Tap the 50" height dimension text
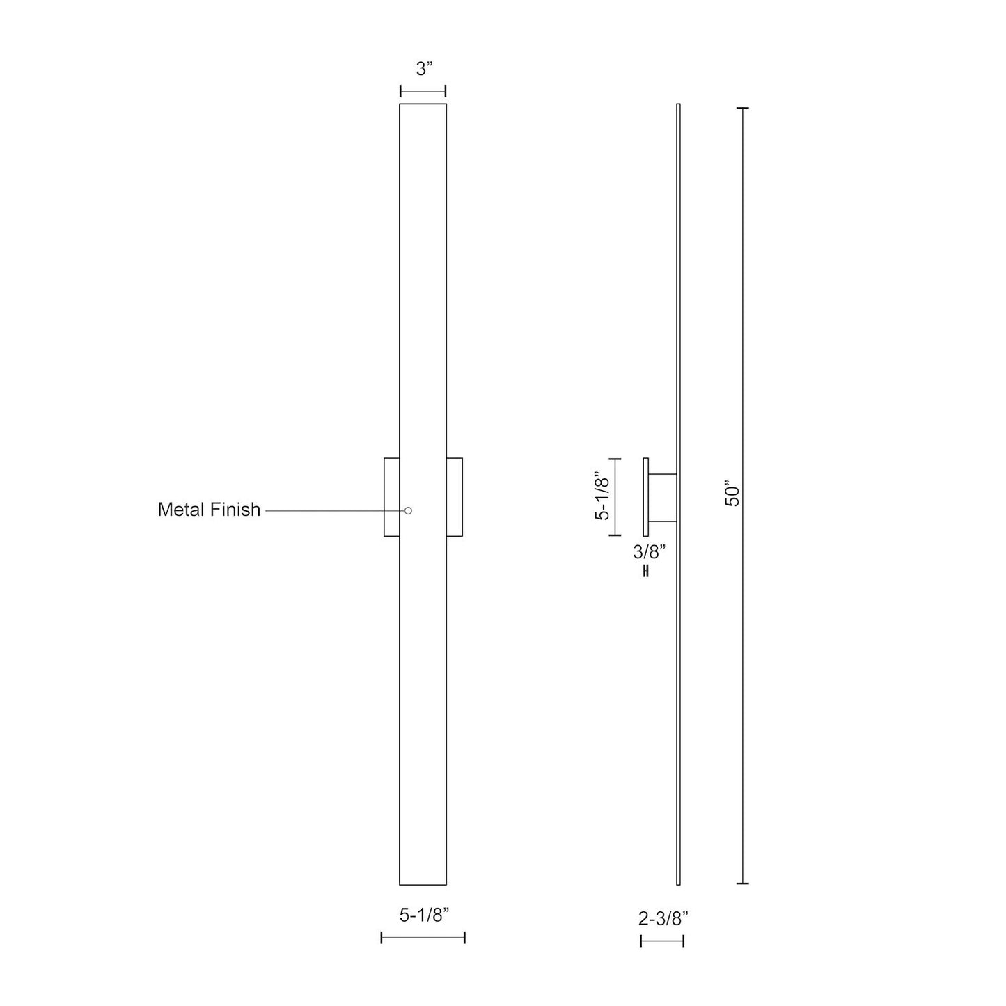[733, 493]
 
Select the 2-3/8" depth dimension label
[663, 918]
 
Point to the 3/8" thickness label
[650, 552]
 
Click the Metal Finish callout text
[209, 510]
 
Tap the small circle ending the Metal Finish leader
[409, 510]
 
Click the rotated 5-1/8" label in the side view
[602, 497]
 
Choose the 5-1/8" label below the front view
[424, 915]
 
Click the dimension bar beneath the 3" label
[423, 91]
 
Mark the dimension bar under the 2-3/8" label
[662, 941]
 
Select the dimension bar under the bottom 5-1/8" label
[423, 938]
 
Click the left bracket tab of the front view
[391, 497]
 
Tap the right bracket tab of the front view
[455, 497]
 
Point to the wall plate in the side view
[645, 497]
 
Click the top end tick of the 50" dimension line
[742, 109]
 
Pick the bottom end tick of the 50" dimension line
[742, 883]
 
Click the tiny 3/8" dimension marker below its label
[647, 572]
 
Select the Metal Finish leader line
[334, 510]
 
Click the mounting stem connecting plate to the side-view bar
[663, 498]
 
